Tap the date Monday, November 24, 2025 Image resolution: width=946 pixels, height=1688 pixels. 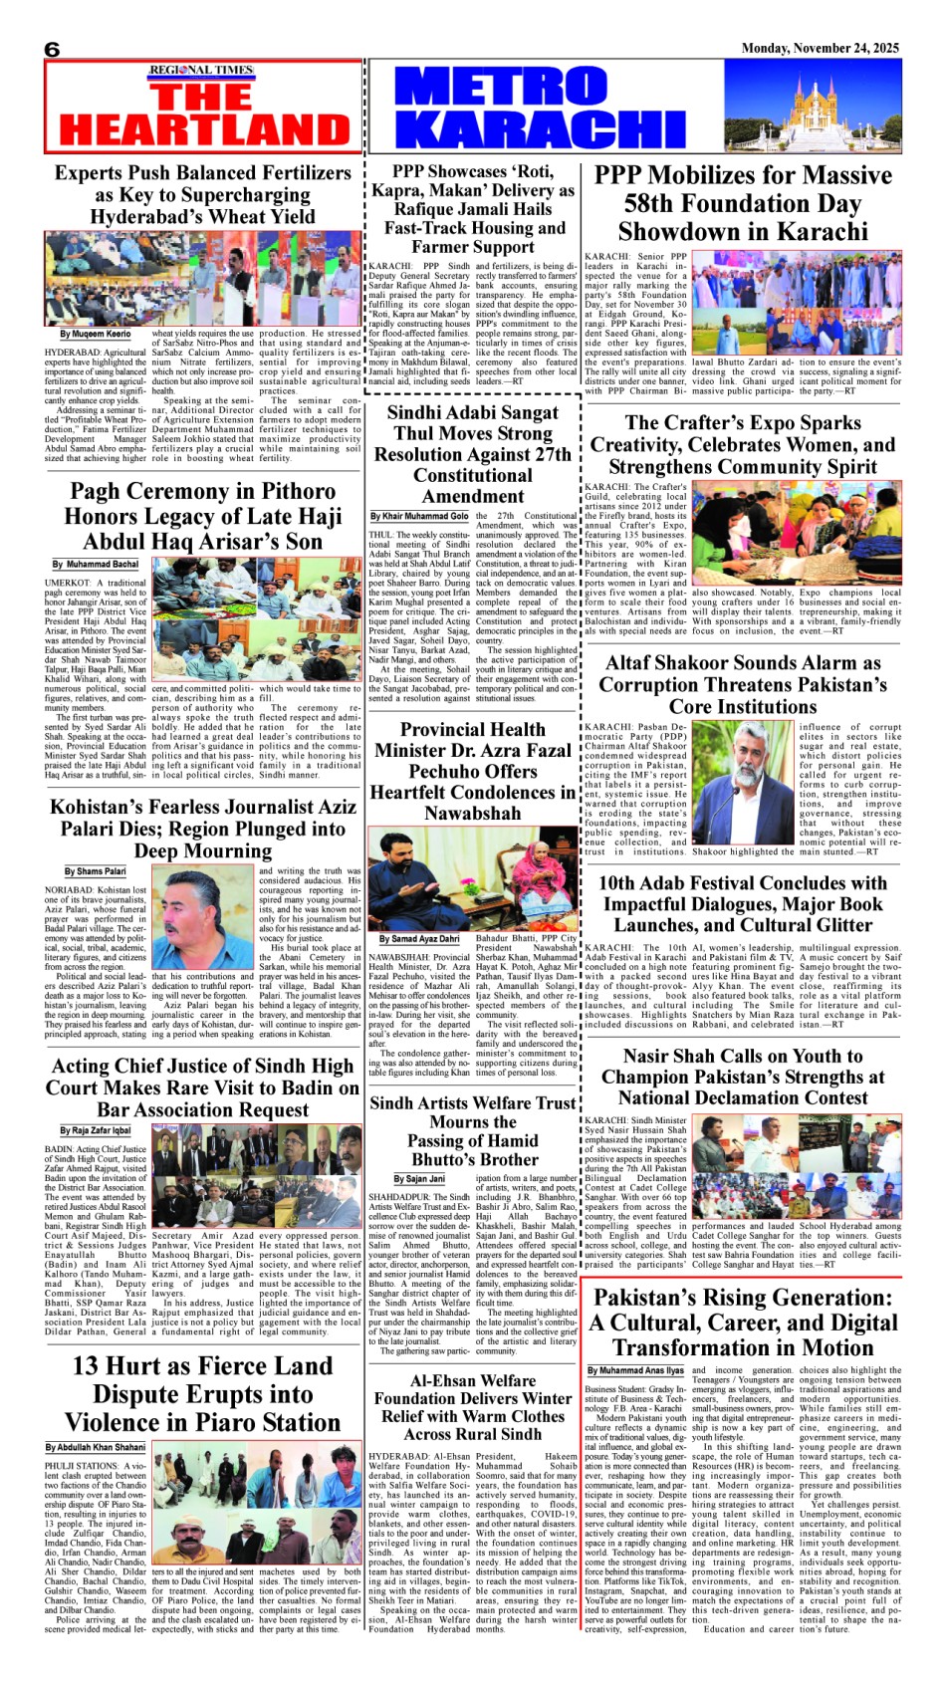click(x=820, y=48)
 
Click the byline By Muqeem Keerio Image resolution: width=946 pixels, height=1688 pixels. click(x=95, y=335)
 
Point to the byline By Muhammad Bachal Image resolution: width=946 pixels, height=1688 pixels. click(x=96, y=565)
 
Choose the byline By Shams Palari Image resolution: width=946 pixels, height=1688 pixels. click(x=95, y=871)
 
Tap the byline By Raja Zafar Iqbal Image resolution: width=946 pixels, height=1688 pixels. click(x=95, y=1131)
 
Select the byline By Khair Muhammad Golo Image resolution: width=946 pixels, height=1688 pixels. click(x=419, y=516)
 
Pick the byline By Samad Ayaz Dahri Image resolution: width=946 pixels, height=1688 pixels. click(x=419, y=938)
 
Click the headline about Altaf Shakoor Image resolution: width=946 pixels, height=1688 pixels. click(x=742, y=684)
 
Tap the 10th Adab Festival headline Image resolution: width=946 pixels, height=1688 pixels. click(x=742, y=903)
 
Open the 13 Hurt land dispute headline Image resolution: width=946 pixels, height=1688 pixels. click(x=203, y=1393)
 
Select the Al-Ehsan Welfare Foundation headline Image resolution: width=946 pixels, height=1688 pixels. click(x=473, y=1407)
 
